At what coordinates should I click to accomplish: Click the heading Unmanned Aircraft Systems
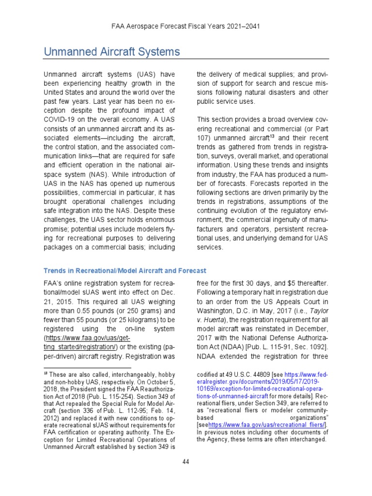[111, 52]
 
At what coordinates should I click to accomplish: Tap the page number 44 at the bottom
[186, 461]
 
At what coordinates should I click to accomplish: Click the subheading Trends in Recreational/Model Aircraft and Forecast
[125, 271]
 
